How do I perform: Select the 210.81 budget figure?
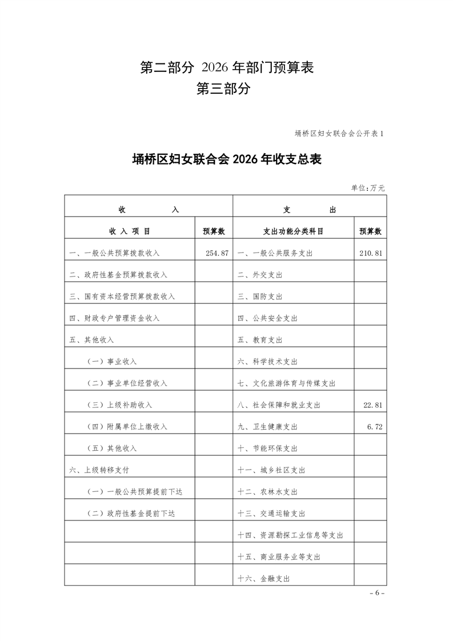coord(370,253)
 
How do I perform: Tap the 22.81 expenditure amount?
coord(372,405)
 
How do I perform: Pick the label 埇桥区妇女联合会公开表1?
coord(339,134)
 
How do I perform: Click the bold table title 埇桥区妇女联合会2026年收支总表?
coord(227,159)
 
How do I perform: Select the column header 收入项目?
coord(130,231)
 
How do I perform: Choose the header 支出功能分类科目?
coord(293,231)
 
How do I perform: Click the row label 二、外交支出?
coord(260,275)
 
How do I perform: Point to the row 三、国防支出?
coord(260,297)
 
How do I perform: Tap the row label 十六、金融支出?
coord(264,579)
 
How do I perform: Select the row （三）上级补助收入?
coord(119,405)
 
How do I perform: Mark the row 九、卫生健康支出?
coord(267,427)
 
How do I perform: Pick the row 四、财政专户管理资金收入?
coord(114,318)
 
